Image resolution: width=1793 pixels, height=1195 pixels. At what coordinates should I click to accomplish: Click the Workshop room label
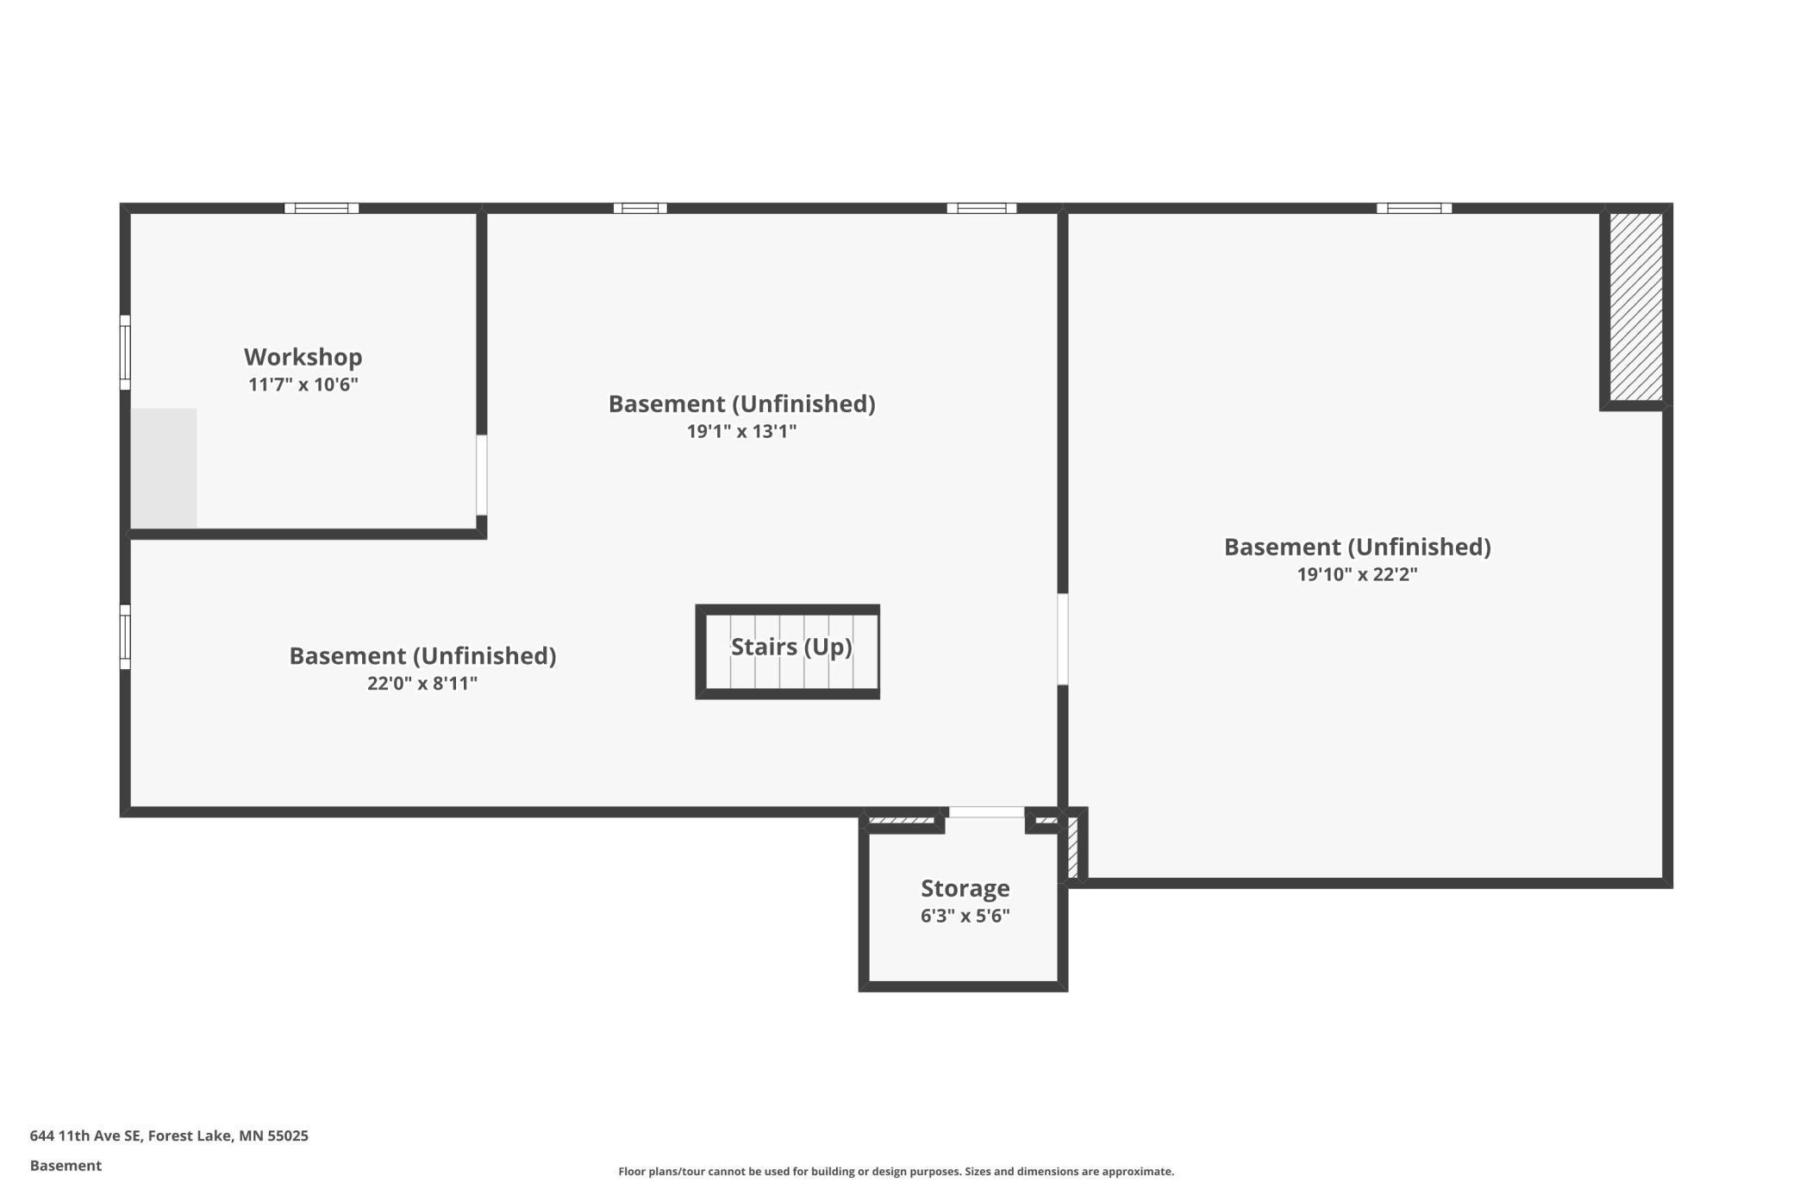pos(303,357)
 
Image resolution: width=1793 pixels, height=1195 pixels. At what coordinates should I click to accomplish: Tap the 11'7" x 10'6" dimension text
pos(303,385)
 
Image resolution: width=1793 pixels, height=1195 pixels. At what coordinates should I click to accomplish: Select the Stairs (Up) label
pos(790,647)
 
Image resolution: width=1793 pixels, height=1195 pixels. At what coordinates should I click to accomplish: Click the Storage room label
pos(965,888)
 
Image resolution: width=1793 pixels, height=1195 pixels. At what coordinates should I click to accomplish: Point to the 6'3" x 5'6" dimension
pos(965,916)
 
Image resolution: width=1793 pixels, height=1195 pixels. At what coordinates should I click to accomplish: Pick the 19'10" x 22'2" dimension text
pos(1357,574)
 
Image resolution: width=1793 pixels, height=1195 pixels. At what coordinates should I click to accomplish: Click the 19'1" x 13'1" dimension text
pos(741,431)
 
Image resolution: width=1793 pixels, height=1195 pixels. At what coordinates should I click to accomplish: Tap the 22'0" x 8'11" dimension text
pos(422,684)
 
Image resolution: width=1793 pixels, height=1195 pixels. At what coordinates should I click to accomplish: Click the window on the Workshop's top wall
pos(322,208)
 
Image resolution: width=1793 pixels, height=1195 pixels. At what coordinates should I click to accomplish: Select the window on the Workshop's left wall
pos(125,353)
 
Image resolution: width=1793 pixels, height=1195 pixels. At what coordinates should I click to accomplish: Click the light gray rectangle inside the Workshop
pos(164,468)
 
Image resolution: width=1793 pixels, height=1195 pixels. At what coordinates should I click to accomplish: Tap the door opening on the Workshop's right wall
pos(482,475)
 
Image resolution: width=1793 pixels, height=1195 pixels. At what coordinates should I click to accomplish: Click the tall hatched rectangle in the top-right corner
pos(1635,307)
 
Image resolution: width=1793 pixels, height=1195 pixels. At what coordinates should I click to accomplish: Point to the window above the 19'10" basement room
pos(1414,208)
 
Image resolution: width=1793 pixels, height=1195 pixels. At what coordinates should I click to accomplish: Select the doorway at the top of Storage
pos(986,812)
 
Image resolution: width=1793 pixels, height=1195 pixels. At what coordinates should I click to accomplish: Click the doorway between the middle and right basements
pos(1063,639)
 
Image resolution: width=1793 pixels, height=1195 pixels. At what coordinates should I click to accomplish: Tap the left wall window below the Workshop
pos(125,637)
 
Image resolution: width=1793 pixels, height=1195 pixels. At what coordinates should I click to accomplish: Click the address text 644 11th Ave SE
pos(169,1136)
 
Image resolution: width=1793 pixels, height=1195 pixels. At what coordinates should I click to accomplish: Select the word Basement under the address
pos(66,1166)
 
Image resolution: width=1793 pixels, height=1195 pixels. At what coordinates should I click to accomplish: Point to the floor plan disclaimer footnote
pos(896,1172)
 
